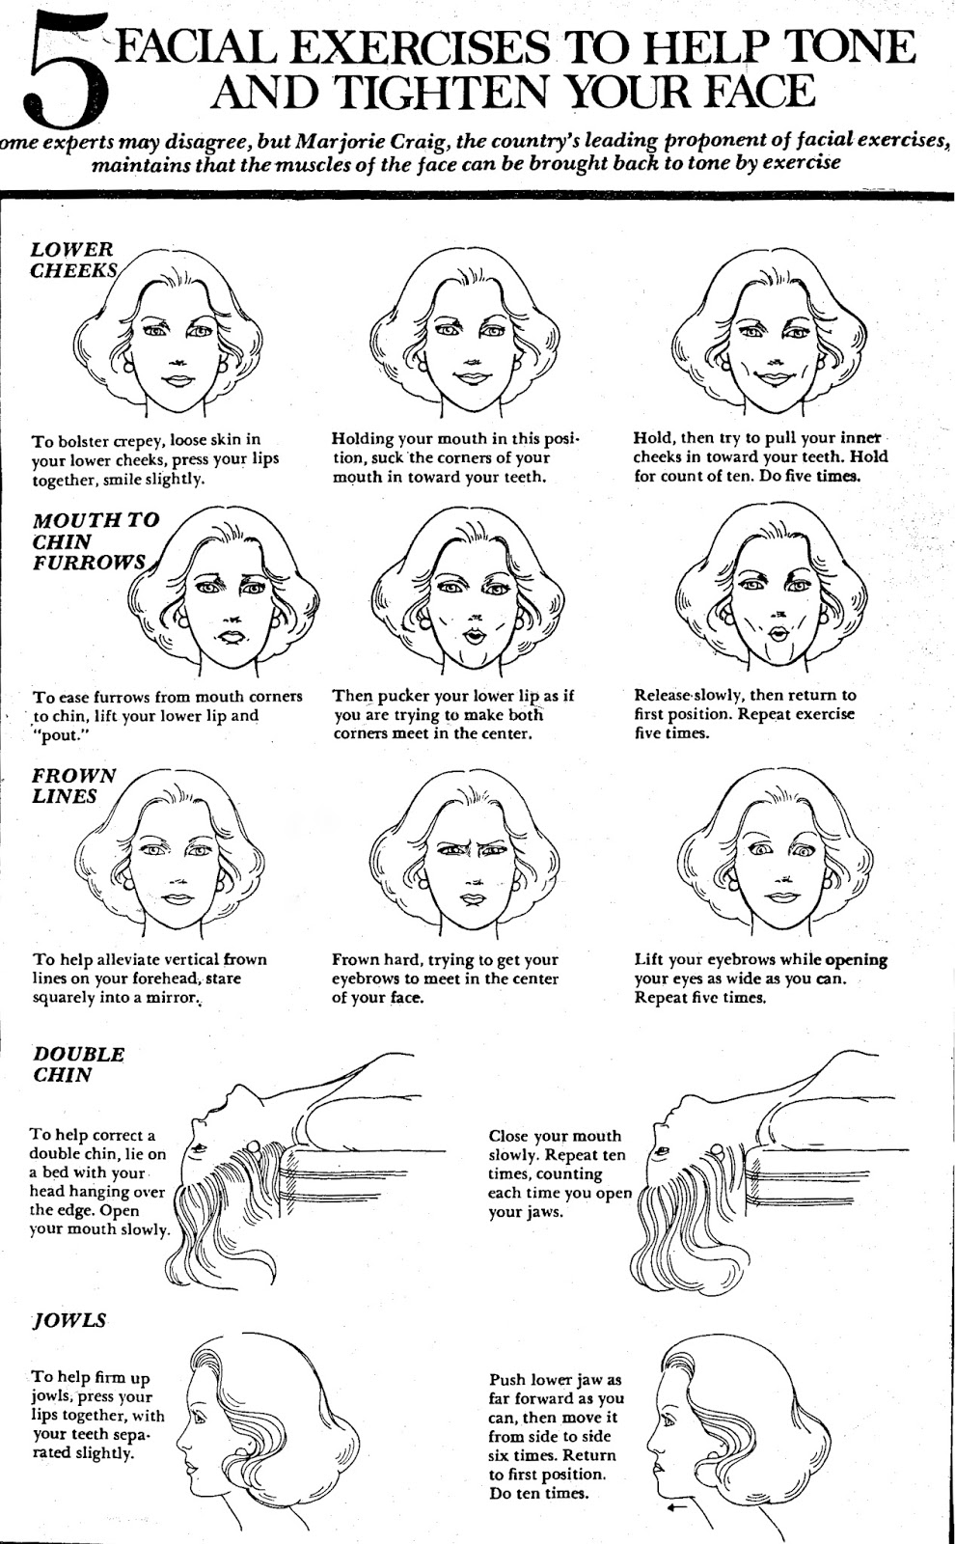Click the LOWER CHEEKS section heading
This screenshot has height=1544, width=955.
point(72,260)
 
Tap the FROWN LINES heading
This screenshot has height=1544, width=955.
point(73,786)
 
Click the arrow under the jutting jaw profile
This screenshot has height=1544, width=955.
point(678,1504)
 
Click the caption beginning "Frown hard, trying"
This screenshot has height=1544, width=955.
point(446,978)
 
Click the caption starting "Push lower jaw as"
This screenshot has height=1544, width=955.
point(557,1435)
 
